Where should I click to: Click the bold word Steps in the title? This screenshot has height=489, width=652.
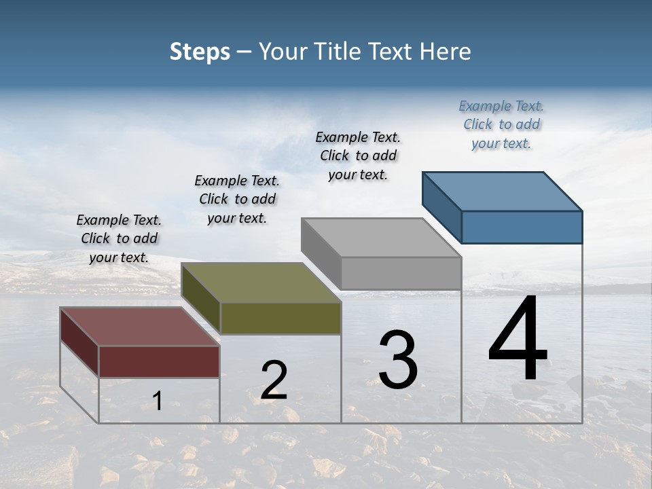click(200, 52)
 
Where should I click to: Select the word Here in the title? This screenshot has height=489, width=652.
click(446, 52)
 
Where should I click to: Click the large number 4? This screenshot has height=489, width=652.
click(518, 340)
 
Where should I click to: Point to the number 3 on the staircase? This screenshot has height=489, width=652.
click(397, 360)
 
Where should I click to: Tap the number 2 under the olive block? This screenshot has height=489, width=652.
click(274, 380)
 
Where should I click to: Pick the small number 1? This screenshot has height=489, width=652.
click(158, 401)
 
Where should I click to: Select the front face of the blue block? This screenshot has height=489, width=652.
click(522, 227)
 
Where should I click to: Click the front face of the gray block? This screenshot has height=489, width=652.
click(401, 273)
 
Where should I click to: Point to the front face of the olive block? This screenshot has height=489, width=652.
click(280, 318)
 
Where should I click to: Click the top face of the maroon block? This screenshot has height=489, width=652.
click(140, 327)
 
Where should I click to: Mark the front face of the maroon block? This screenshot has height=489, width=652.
click(159, 361)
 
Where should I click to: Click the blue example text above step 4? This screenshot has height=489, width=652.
click(501, 125)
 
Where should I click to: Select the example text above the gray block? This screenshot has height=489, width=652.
click(358, 156)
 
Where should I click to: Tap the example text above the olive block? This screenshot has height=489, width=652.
click(237, 199)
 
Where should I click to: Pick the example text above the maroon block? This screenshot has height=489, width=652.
click(119, 238)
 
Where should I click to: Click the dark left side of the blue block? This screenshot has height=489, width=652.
click(441, 206)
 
